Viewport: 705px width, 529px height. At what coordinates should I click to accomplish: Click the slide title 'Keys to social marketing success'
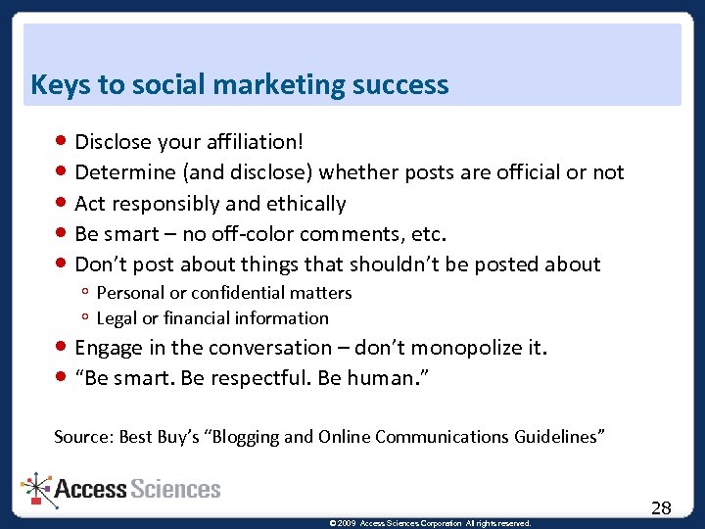point(239,85)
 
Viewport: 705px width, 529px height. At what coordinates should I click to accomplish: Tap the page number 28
point(661,507)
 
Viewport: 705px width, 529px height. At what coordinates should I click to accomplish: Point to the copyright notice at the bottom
point(430,523)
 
